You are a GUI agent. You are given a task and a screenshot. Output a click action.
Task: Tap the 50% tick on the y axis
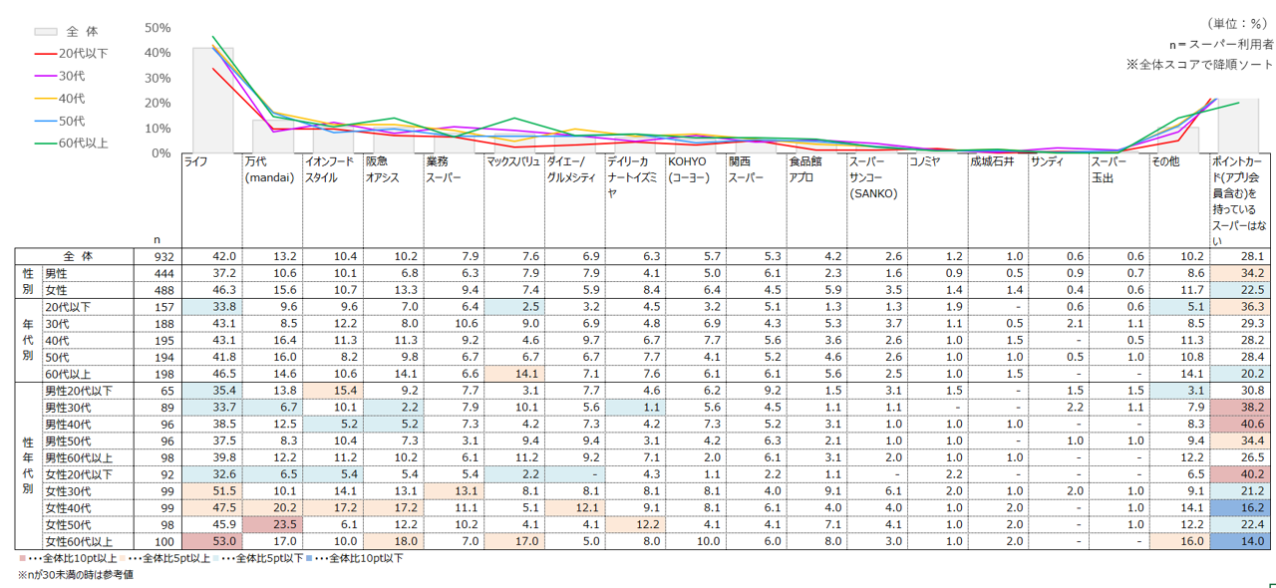tap(158, 28)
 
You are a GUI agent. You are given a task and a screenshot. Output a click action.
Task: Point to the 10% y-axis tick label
tap(158, 129)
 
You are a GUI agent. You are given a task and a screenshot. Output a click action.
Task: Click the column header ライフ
tap(196, 160)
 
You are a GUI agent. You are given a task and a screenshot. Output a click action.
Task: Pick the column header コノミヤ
tap(925, 160)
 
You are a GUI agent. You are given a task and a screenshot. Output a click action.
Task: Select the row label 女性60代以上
tap(78, 542)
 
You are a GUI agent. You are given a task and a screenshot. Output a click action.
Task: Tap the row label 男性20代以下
tap(78, 390)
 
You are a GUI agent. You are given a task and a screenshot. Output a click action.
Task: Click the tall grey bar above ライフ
tap(212, 100)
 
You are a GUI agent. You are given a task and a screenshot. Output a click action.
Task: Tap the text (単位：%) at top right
tap(1239, 23)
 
